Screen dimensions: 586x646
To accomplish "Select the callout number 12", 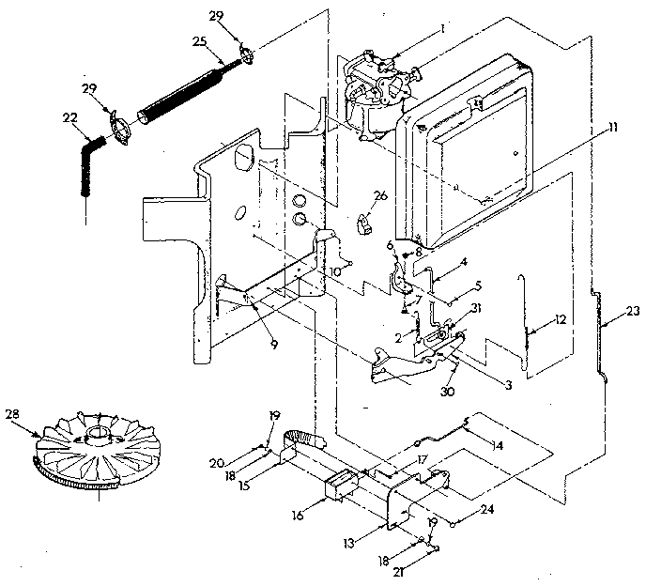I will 561,319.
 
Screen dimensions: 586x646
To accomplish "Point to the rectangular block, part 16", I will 340,487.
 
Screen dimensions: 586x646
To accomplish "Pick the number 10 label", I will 335,270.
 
